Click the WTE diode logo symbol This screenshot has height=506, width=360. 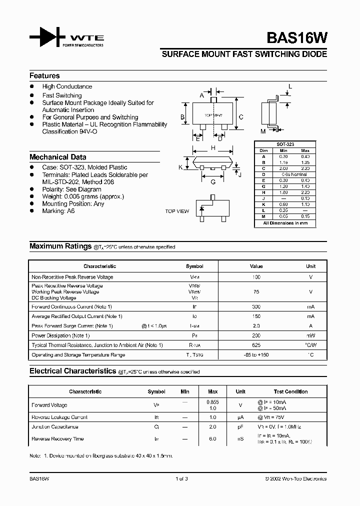[x=47, y=38]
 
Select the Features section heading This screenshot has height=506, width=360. [x=44, y=76]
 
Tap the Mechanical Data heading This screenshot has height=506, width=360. [x=57, y=157]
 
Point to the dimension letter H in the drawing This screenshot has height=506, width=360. [x=213, y=148]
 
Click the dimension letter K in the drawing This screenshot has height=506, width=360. [x=180, y=167]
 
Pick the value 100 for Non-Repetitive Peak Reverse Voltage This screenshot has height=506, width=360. [x=256, y=277]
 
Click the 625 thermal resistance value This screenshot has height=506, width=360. [x=256, y=345]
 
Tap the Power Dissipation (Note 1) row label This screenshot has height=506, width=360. [x=60, y=335]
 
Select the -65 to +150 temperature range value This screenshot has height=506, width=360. [x=256, y=355]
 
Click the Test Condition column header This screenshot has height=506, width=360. [x=290, y=391]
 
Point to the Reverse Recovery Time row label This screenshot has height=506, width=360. [x=57, y=439]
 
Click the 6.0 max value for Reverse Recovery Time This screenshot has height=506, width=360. [x=212, y=439]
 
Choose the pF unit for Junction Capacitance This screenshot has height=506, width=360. [x=240, y=427]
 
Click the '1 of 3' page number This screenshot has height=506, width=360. [x=181, y=478]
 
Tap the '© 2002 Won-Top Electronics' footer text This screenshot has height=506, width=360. [x=295, y=478]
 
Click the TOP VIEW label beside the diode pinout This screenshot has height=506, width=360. [x=177, y=211]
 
